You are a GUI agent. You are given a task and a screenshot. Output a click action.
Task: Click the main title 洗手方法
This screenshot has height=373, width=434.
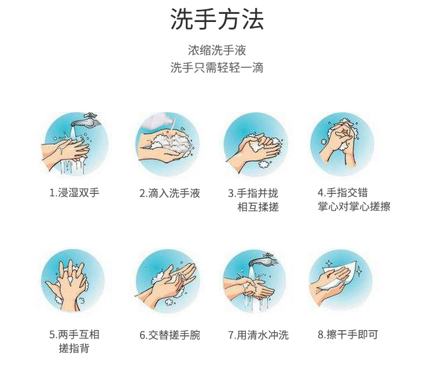[217, 19]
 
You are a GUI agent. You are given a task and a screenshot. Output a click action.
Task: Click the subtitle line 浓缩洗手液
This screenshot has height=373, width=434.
[217, 50]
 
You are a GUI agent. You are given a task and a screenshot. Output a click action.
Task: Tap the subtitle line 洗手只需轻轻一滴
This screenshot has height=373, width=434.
[217, 67]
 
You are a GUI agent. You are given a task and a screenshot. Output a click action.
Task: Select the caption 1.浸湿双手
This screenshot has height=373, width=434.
[74, 193]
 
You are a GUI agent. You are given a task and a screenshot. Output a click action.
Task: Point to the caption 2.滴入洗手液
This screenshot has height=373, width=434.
[170, 193]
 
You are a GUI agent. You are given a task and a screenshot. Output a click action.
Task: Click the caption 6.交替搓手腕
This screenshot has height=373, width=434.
[170, 335]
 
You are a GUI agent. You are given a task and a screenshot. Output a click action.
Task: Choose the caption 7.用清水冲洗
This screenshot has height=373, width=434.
[258, 335]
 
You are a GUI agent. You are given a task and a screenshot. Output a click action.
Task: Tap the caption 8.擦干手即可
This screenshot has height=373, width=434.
[348, 334]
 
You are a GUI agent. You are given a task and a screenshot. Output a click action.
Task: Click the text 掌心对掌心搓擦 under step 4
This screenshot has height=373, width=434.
[354, 206]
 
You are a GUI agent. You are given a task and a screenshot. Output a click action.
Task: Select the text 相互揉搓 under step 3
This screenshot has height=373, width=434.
[258, 207]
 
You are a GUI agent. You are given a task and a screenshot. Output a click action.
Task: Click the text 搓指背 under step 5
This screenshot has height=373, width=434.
[74, 348]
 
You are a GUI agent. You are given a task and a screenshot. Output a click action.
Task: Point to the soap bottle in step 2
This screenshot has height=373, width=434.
[159, 122]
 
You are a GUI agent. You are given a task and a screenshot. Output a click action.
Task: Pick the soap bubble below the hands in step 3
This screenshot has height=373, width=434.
[264, 164]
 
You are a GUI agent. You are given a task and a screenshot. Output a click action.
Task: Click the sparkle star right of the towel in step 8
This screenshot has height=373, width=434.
[359, 271]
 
